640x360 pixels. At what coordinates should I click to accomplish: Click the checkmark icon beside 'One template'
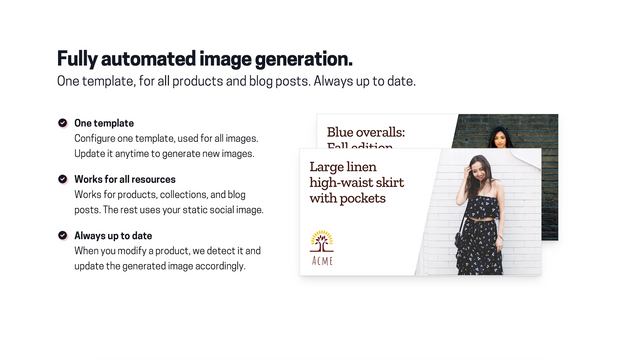pos(62,123)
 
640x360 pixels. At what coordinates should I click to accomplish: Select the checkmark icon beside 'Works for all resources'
pos(62,179)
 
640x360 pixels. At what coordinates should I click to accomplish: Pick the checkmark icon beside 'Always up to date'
pos(62,235)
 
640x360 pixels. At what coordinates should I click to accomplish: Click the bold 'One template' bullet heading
pos(104,123)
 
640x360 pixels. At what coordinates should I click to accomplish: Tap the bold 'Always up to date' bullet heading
pos(113,235)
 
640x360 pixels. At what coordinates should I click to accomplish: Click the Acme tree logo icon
pos(322,241)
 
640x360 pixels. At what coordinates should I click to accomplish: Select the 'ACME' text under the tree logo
pos(322,260)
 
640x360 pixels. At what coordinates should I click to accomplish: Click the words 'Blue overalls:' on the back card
pos(366,131)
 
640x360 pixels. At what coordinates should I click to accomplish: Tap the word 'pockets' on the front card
pos(364,198)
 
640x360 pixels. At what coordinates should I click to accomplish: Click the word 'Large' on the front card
pos(329,166)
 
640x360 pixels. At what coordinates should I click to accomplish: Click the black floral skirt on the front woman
pos(481,246)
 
